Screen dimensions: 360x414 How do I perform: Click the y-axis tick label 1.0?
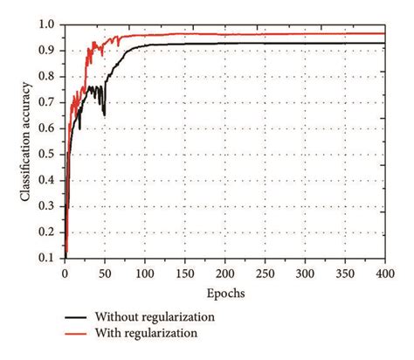tap(49, 24)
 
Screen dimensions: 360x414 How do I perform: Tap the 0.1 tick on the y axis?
tap(49, 260)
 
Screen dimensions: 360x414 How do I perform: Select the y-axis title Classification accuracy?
tap(26, 142)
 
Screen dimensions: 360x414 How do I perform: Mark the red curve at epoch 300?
tap(305, 34)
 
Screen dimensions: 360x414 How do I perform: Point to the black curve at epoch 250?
tap(265, 43)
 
